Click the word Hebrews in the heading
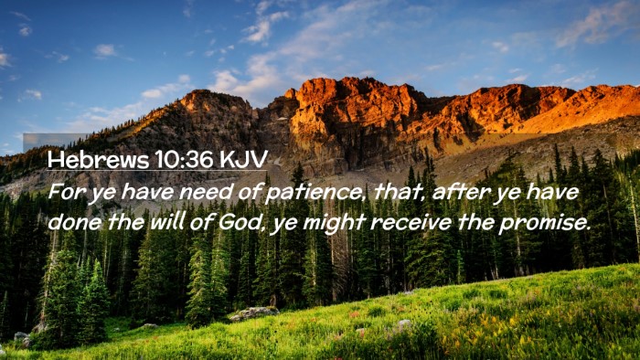(x=98, y=159)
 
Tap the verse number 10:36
(x=185, y=159)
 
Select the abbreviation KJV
(x=244, y=159)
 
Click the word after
(x=460, y=192)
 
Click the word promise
(x=545, y=224)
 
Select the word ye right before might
(x=284, y=225)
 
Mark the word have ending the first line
(x=552, y=192)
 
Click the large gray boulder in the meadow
(x=254, y=313)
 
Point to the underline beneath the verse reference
(x=157, y=170)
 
